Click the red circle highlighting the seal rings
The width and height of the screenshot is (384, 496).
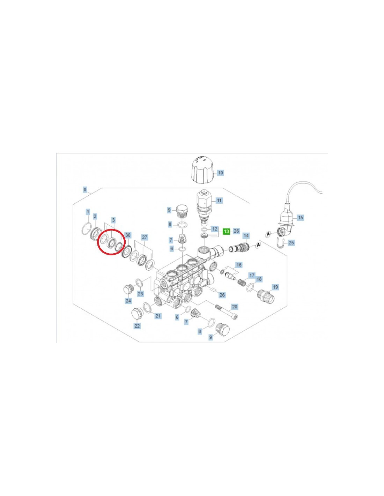pyautogui.click(x=111, y=242)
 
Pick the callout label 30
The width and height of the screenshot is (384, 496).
pyautogui.click(x=128, y=235)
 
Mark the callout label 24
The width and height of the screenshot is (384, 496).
pyautogui.click(x=128, y=301)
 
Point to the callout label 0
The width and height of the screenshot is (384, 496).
pyautogui.click(x=85, y=189)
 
